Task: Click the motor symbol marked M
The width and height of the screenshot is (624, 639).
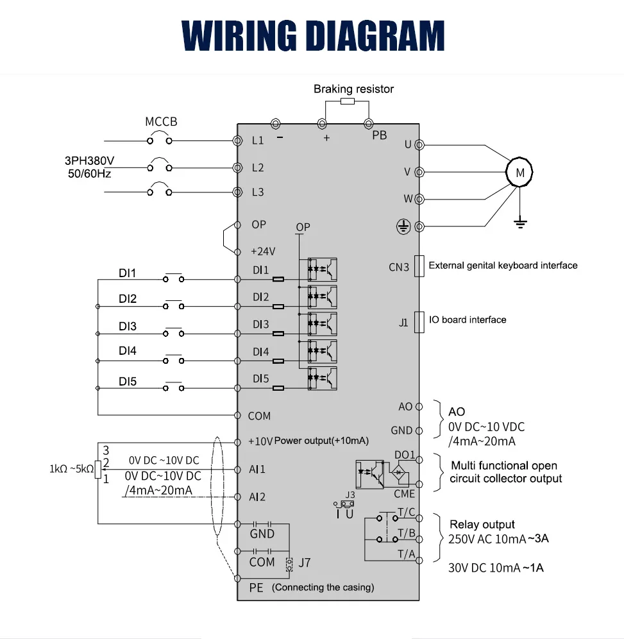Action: [519, 173]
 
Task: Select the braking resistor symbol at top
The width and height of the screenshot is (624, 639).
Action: [347, 101]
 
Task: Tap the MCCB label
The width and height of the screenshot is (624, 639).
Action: [161, 122]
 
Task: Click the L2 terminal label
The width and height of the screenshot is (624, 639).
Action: [258, 167]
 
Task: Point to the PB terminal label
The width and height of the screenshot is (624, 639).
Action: [380, 135]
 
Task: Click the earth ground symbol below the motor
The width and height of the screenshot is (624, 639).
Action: [521, 223]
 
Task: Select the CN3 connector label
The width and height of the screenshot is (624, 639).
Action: [398, 267]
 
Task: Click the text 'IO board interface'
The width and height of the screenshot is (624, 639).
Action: [468, 319]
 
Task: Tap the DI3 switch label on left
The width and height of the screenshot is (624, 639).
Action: [128, 327]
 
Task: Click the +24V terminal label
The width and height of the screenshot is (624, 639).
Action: [262, 251]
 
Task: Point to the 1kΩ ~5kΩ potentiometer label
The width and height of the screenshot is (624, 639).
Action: [71, 469]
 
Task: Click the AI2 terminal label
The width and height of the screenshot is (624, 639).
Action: [257, 497]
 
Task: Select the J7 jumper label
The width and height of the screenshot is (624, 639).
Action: [305, 563]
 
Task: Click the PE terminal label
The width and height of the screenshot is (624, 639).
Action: [256, 588]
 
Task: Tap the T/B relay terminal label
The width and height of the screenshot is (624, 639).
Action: [407, 533]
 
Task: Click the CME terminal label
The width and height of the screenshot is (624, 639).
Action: [405, 494]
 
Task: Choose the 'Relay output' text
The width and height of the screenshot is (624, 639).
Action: [482, 524]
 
